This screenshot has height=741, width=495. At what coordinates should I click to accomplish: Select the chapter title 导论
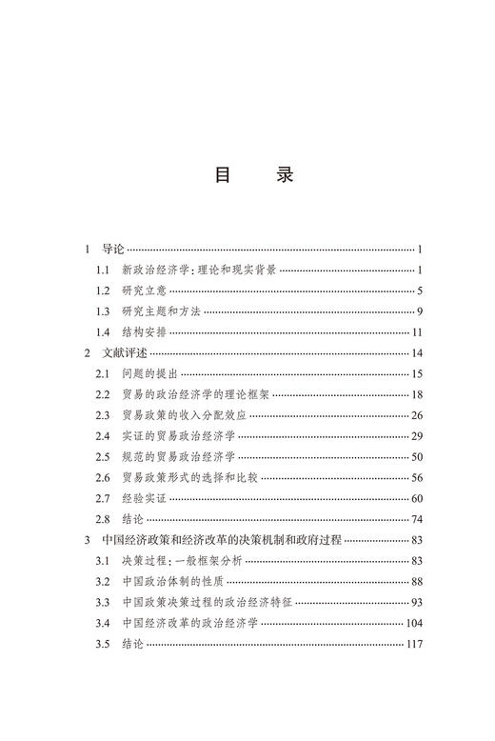(x=113, y=250)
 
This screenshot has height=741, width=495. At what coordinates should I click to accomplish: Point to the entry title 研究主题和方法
(x=161, y=311)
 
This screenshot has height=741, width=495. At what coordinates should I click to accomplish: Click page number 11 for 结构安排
(x=417, y=332)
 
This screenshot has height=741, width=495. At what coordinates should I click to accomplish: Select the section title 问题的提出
(x=150, y=374)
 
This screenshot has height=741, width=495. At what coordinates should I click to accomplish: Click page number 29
(x=417, y=436)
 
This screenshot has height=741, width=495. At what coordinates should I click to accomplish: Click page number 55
(x=417, y=478)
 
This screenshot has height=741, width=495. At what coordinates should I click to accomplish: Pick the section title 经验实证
(x=142, y=499)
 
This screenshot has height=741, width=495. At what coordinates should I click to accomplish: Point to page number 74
(x=417, y=520)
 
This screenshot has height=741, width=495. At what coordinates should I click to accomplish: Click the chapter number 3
(x=87, y=540)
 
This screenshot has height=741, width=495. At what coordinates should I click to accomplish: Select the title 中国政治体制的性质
(x=173, y=582)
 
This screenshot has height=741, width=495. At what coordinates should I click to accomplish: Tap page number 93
(x=417, y=603)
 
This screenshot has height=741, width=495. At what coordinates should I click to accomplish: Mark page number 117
(x=414, y=645)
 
